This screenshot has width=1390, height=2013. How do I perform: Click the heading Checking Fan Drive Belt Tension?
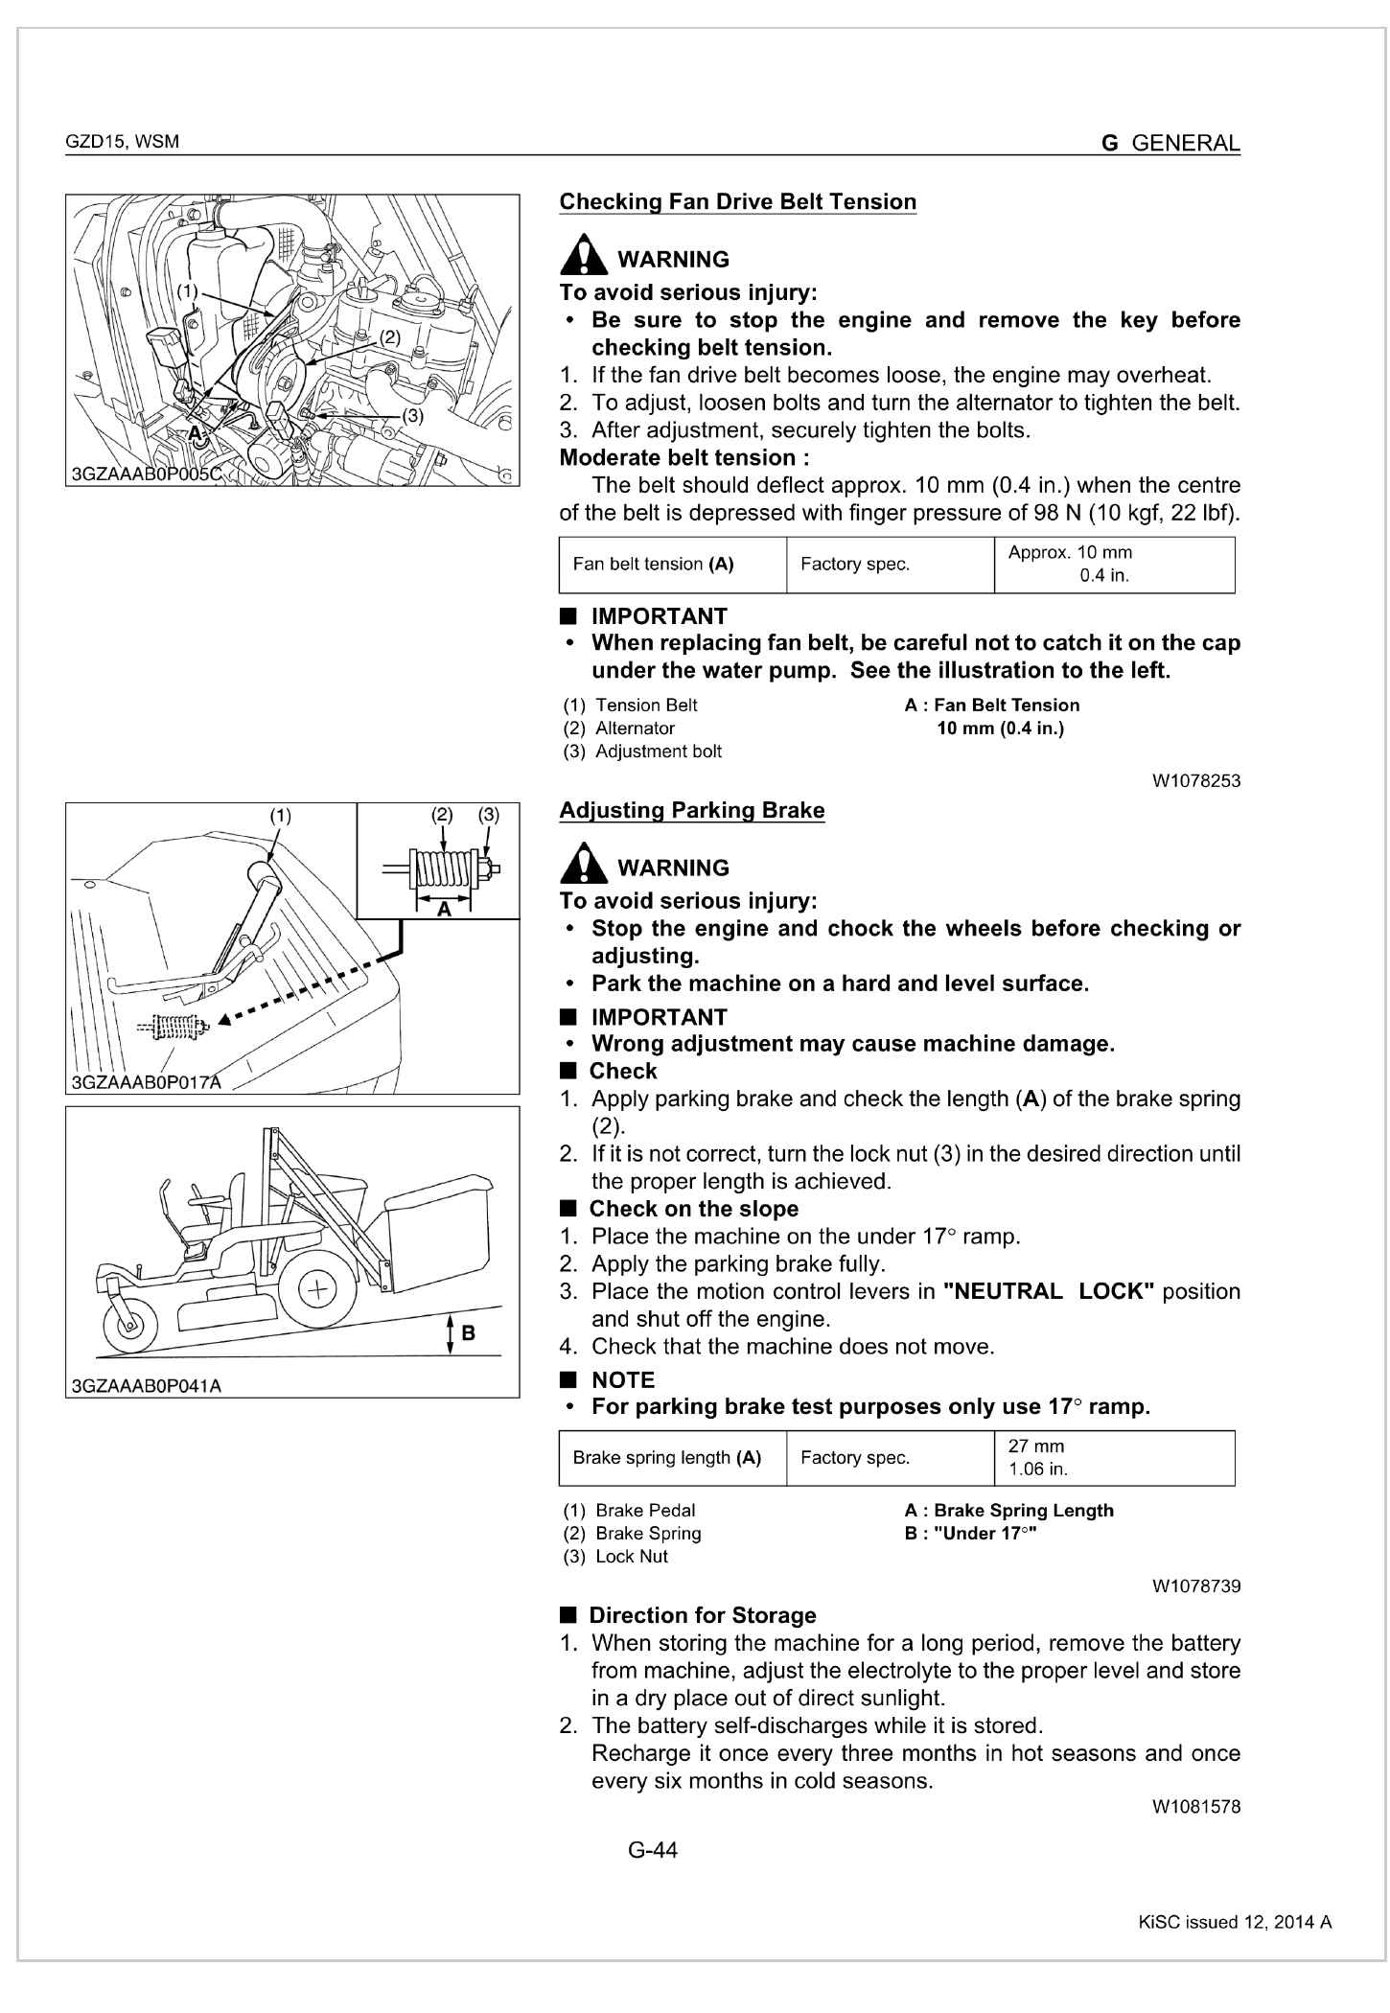click(737, 202)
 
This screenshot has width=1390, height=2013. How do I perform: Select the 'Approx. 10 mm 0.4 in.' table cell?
click(1114, 565)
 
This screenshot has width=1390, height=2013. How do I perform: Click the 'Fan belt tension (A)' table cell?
click(672, 565)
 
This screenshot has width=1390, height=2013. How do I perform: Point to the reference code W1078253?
click(1195, 781)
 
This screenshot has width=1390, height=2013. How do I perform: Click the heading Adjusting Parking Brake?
click(691, 811)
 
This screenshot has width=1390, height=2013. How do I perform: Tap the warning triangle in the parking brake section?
click(583, 864)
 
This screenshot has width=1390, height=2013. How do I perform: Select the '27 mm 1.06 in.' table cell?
click(1114, 1458)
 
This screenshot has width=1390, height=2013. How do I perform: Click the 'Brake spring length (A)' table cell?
click(672, 1458)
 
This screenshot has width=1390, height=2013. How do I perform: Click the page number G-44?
click(652, 1850)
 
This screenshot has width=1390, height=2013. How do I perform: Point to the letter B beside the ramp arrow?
click(469, 1332)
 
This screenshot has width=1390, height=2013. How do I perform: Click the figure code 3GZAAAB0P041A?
click(146, 1386)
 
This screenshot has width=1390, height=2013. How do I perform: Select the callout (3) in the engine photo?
click(411, 416)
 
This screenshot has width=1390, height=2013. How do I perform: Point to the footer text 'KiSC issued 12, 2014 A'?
click(1234, 1922)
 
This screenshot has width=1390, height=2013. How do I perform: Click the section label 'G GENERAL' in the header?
click(1170, 144)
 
